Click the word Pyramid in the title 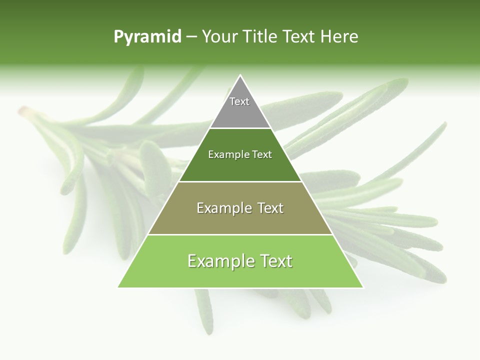click(147, 37)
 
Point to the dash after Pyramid click(191, 37)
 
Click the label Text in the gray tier click(239, 101)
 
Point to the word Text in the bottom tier click(274, 261)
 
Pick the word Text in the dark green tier click(261, 155)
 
